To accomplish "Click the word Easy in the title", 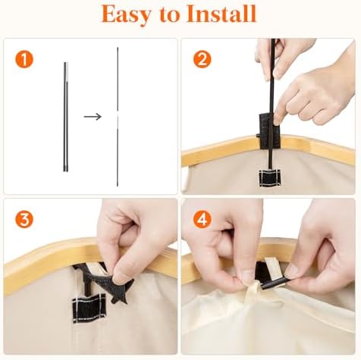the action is pos(127,15).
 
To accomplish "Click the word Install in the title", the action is pos(221,14).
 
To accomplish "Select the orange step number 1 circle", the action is pos(24,60).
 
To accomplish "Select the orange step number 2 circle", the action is pos(202,59).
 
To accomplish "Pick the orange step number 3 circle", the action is pos(24,220).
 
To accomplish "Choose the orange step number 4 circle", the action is pos(202,219).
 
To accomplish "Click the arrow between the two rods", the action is pos(93,117).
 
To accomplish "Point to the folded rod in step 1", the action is pos(66,117).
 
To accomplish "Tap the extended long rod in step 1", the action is pos(118,117).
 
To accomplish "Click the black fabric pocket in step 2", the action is pos(269,178).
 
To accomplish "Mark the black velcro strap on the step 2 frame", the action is pos(268,130).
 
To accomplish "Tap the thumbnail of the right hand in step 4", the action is pos(293,271).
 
